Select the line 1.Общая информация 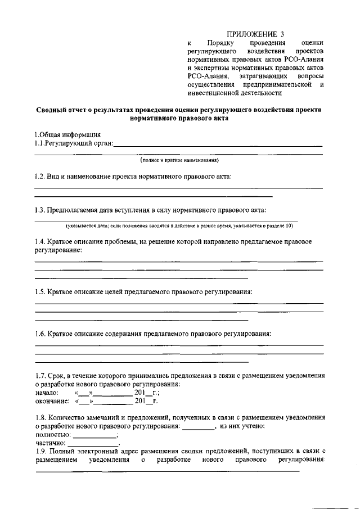tap(67, 134)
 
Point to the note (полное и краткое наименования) tap(179, 160)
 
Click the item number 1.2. tap(40, 176)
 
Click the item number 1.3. tap(40, 210)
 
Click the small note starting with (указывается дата tap(179, 226)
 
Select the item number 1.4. tap(40, 241)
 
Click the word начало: tap(47, 393)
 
